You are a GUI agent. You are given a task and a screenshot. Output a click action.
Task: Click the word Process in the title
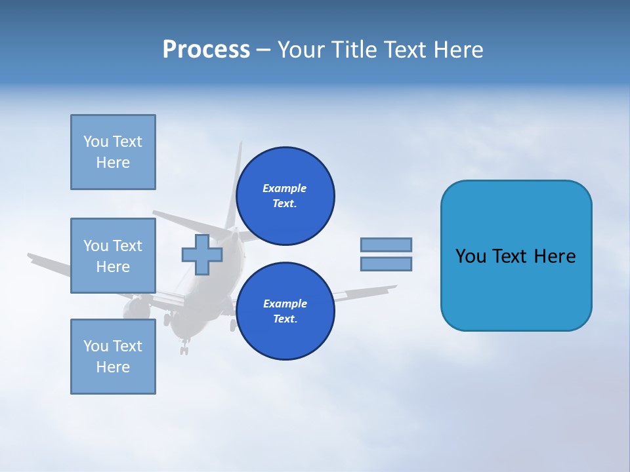206,50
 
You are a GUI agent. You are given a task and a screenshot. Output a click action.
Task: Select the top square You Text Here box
113,152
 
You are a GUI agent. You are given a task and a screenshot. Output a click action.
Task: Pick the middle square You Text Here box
113,256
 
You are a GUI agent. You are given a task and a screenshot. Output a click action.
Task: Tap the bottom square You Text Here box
113,357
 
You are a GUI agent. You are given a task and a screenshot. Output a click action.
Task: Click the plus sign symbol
202,254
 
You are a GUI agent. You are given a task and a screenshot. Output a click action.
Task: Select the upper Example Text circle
285,196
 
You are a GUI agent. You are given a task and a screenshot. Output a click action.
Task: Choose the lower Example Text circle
285,311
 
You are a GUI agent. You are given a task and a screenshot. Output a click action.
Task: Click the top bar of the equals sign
386,245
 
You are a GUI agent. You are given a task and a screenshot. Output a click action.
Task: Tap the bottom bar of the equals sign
386,264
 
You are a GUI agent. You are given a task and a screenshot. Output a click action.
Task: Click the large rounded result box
516,256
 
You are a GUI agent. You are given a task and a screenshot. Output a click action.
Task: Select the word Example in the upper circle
284,188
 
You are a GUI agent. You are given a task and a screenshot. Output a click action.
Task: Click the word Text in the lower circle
285,319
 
